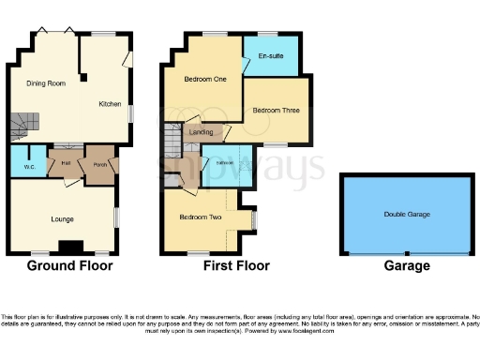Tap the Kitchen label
[111, 103]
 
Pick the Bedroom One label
[206, 80]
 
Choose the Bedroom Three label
[276, 110]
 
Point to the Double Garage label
[407, 215]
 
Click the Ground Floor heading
[69, 266]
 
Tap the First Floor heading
[236, 266]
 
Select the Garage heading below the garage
[407, 266]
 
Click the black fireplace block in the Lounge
[70, 247]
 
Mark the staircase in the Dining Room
[24, 123]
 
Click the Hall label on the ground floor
[66, 162]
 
